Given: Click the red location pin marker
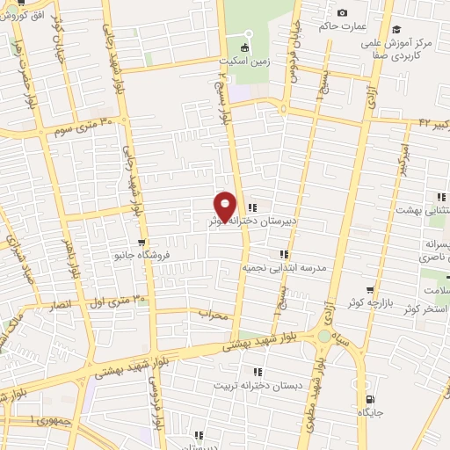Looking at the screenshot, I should [x=226, y=207].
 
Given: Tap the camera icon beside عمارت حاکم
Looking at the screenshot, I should [x=342, y=12].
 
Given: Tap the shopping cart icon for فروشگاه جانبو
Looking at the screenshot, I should [x=141, y=243].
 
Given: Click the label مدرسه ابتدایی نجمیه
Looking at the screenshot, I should [x=287, y=266].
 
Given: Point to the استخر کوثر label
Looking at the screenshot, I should [x=425, y=310].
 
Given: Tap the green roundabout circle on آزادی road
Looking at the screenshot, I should [x=324, y=337].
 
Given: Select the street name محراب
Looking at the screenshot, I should [x=214, y=313].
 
